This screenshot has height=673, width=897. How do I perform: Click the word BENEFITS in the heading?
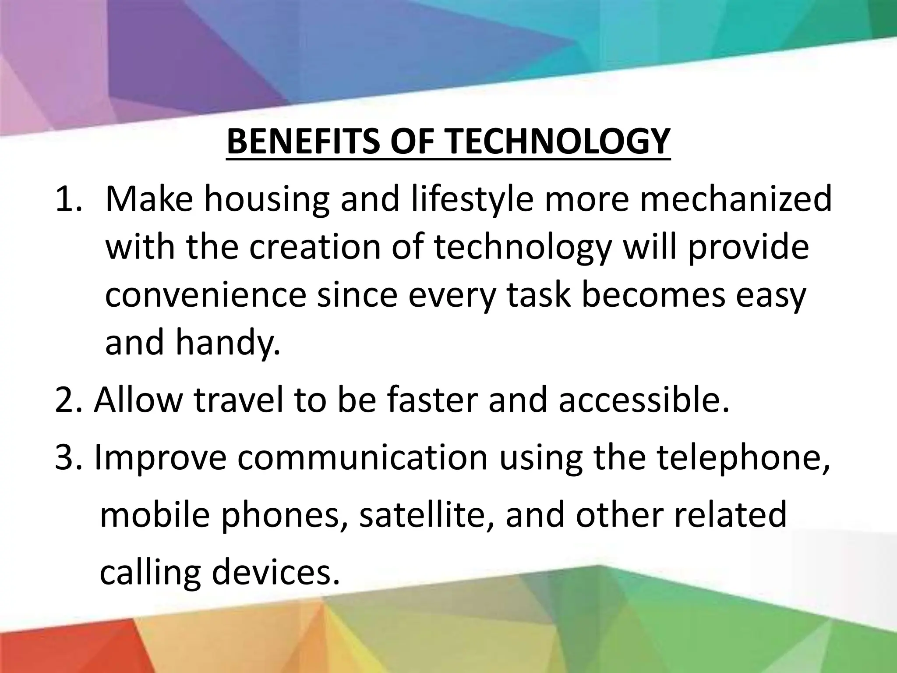tap(303, 141)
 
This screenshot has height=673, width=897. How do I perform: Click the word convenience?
tap(205, 295)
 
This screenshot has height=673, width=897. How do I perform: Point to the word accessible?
tap(644, 401)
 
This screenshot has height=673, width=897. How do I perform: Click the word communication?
tap(363, 458)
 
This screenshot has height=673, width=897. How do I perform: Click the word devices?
tap(276, 572)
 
